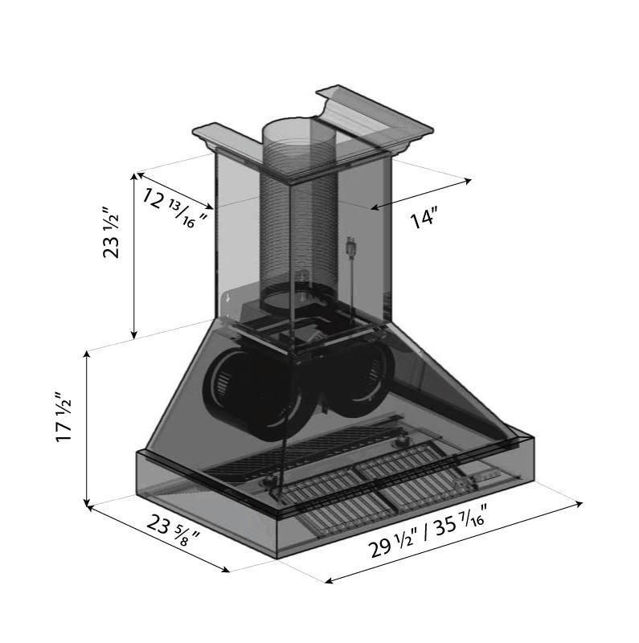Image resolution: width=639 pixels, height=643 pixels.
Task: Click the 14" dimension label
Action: pyautogui.click(x=423, y=218)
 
